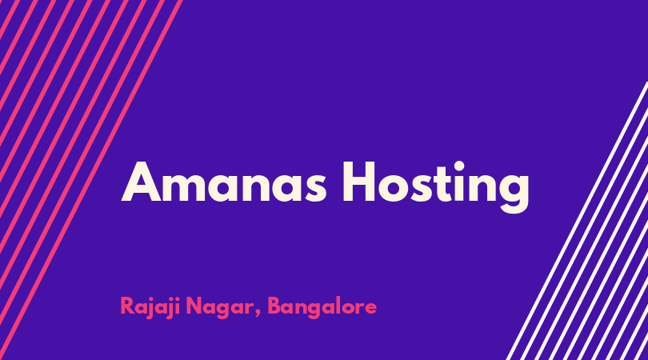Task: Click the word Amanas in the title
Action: pos(223,182)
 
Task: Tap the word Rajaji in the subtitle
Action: pos(150,307)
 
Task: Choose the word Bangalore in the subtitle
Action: pos(322,307)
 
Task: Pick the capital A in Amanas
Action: pos(141,182)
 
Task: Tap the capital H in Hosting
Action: pos(359,182)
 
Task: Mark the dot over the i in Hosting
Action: pos(459,166)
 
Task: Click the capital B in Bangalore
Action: pos(276,306)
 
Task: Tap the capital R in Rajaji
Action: pos(128,306)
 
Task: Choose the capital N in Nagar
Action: pos(194,306)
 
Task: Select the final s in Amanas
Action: pos(315,188)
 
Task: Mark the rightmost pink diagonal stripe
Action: pos(91,180)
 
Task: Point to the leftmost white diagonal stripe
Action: pos(577,221)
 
